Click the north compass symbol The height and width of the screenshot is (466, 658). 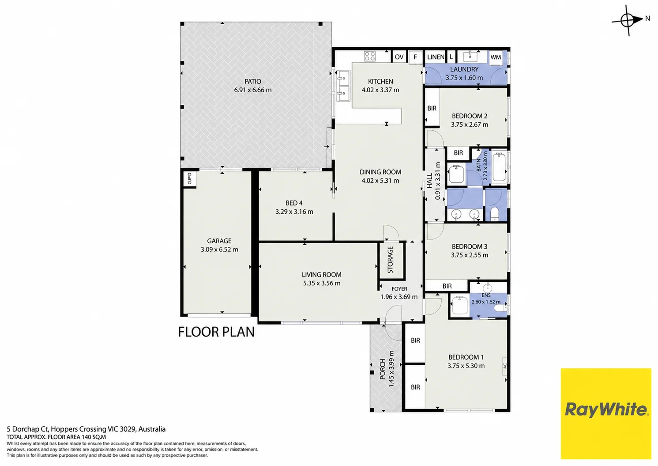point(628,20)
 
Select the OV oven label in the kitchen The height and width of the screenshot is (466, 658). point(399,57)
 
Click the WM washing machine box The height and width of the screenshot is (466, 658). point(496,57)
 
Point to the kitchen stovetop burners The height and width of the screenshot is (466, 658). point(369,56)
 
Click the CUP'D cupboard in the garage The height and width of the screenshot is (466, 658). point(189,178)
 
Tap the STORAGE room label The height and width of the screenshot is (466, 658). point(390,260)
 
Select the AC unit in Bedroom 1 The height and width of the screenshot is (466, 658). point(505,366)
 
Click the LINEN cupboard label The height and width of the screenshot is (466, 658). point(436,57)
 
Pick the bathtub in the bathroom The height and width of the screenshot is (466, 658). point(499,167)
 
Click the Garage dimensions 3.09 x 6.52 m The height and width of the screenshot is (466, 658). point(219,250)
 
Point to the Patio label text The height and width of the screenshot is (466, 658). point(252,81)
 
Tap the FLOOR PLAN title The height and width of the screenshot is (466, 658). point(216,332)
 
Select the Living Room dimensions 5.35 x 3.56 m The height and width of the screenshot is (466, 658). point(322,284)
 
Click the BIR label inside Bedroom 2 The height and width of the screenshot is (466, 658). point(432,108)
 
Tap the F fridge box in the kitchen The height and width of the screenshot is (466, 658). point(415,57)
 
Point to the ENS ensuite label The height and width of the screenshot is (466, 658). point(486,295)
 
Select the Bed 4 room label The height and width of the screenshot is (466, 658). point(294,203)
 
